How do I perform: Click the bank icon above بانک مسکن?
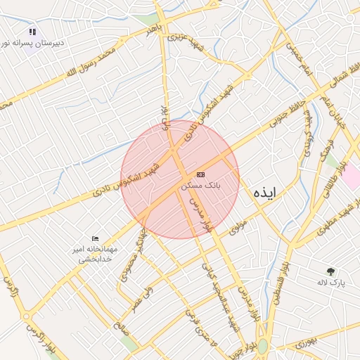201,174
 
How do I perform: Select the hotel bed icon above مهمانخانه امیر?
96,239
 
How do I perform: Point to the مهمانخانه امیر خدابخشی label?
96,254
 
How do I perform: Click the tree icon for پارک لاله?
330,271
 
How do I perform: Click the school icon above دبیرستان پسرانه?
32,32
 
